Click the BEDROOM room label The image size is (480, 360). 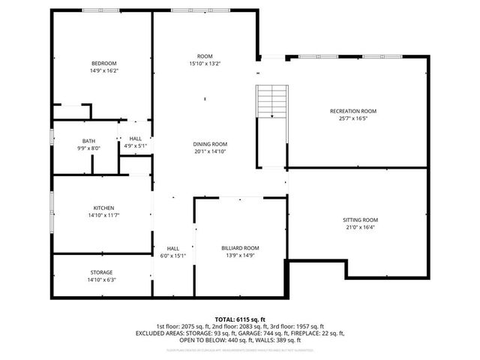104,63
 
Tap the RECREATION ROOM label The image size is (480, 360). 352,111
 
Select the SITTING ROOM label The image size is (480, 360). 359,220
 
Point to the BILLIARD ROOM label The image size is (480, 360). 240,247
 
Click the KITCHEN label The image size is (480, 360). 103,208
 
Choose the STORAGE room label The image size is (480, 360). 102,272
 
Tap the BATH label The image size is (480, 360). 88,141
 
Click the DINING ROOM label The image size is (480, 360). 210,144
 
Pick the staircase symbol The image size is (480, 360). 272,100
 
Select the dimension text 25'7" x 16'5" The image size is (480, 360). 352,118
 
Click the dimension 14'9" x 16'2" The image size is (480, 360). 104,70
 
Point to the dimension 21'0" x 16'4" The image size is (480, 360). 359,227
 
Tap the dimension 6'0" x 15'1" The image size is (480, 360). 172,256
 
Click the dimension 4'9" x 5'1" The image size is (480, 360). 136,145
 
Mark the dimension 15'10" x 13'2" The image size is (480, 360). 205,64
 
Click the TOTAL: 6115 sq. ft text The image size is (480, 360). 240,319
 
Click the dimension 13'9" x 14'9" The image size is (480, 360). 240,255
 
